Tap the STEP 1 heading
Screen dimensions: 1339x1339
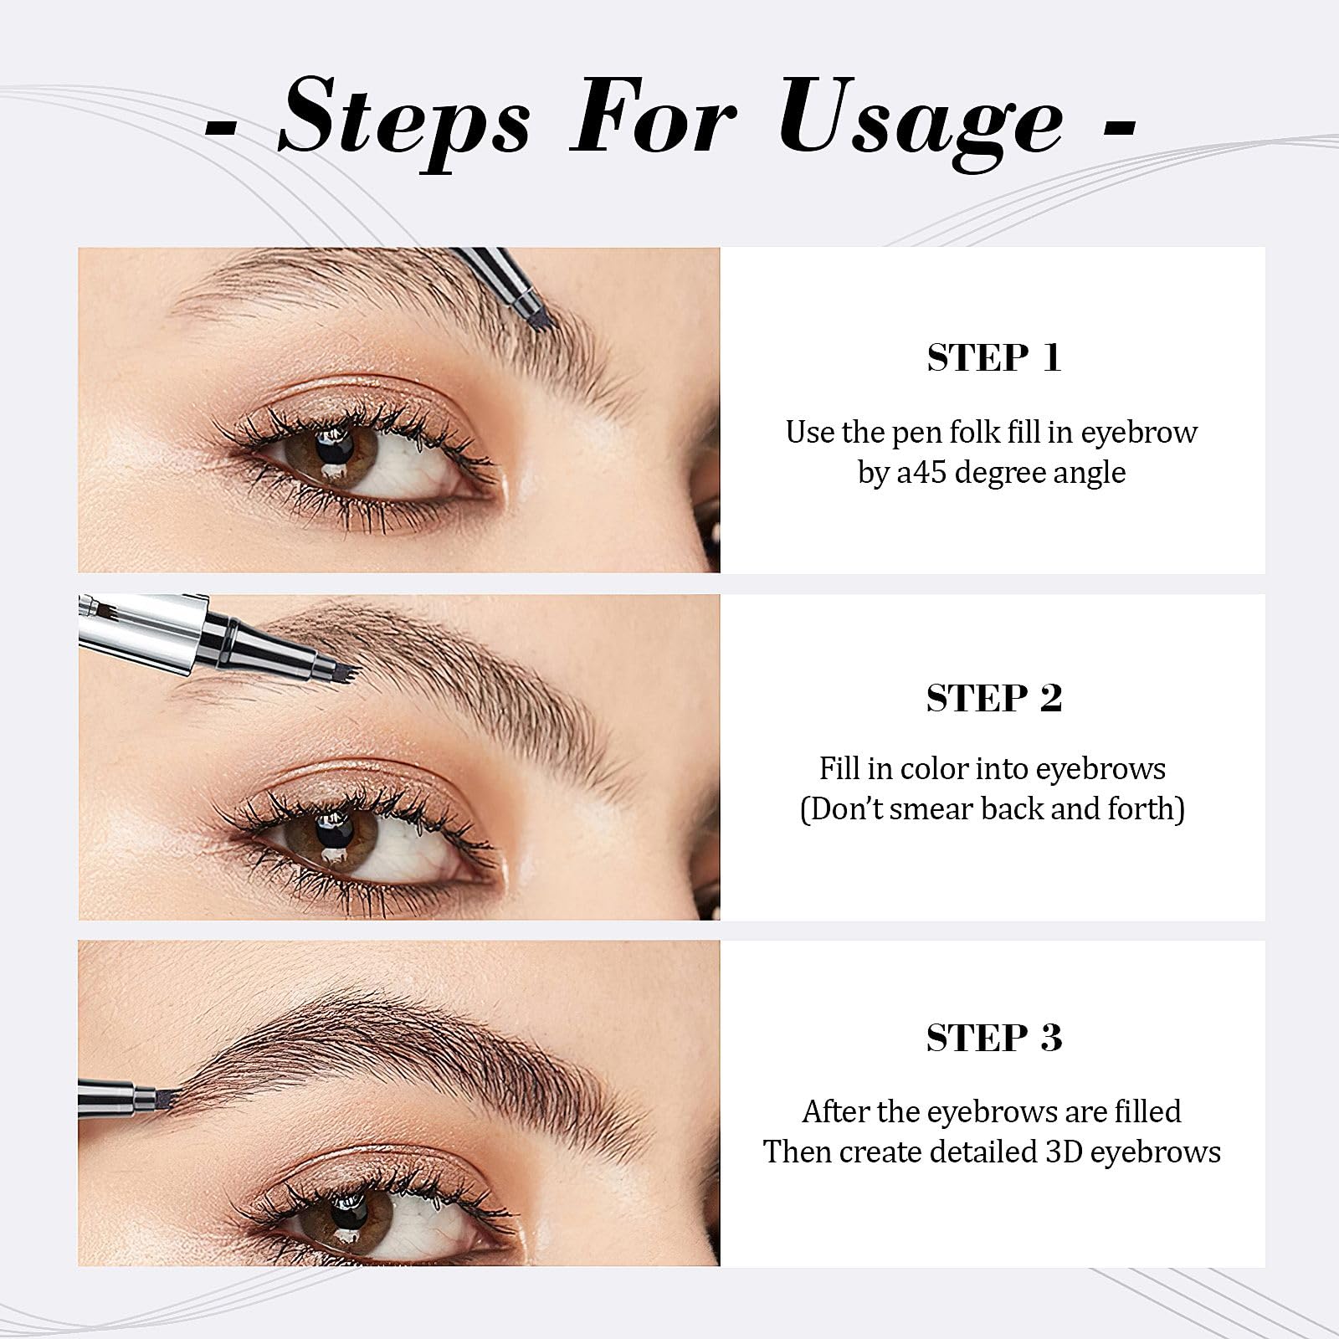pyautogui.click(x=993, y=358)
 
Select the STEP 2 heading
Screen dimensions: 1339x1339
pyautogui.click(x=993, y=698)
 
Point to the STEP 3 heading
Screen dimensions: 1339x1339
pyautogui.click(x=993, y=1038)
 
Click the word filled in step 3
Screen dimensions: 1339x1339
pyautogui.click(x=1147, y=1111)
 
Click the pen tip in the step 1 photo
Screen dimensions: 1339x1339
pyautogui.click(x=538, y=316)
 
